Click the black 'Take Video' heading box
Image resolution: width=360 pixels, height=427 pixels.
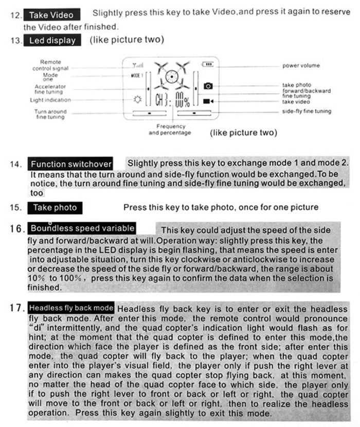click(51, 14)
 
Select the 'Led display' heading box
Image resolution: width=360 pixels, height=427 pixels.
click(52, 40)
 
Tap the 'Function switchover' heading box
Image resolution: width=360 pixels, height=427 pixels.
click(70, 164)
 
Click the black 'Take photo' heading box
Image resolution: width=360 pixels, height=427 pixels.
click(55, 208)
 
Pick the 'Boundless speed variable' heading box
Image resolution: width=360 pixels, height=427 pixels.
click(82, 228)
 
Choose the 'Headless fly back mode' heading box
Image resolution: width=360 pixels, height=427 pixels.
click(71, 308)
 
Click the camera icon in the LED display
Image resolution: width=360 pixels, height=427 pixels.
click(208, 86)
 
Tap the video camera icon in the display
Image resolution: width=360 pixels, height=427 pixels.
click(208, 101)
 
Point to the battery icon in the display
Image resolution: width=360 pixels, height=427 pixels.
click(207, 64)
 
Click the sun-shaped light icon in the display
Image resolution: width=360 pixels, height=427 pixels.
click(137, 100)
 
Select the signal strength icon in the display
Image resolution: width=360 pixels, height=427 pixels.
click(138, 65)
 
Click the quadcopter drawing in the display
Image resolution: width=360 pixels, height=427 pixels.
click(171, 76)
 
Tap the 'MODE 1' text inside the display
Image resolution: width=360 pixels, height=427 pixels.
click(137, 75)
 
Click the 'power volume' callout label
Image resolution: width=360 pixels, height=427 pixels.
click(301, 66)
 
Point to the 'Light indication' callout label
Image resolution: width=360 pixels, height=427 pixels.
click(50, 100)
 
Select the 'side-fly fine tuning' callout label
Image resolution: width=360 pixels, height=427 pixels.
click(307, 111)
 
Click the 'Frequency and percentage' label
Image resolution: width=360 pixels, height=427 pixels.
click(170, 129)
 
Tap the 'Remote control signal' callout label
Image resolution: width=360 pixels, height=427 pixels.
click(50, 65)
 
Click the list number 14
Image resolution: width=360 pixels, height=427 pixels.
click(15, 165)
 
